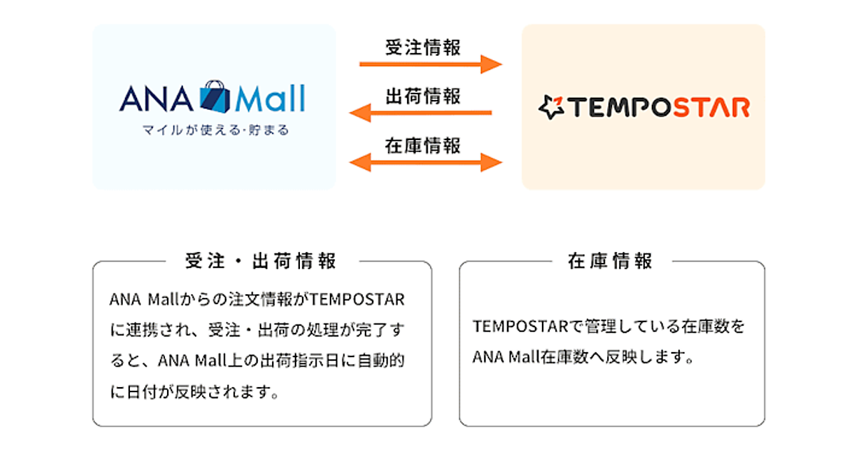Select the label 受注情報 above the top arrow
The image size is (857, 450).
[x=423, y=48]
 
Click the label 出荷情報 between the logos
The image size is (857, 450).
[x=423, y=96]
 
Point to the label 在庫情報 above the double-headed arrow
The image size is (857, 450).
[x=423, y=145]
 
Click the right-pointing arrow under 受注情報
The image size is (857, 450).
[x=431, y=65]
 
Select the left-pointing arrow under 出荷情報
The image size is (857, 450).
[x=421, y=113]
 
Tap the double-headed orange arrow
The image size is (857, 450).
[x=426, y=162]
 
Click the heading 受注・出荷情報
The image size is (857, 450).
[x=261, y=261]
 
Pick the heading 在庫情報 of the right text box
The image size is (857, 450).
[x=611, y=261]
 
